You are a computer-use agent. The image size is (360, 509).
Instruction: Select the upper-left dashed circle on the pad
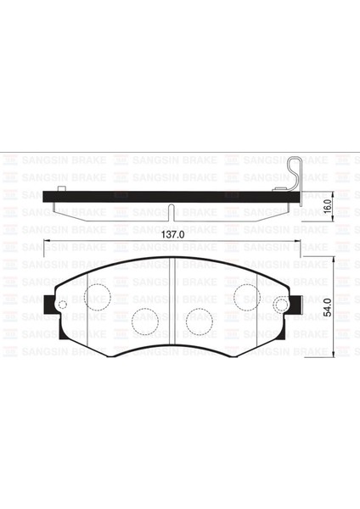(98, 296)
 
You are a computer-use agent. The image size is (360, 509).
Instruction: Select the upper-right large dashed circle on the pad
(246, 296)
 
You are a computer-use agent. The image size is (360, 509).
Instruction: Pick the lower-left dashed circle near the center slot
(144, 322)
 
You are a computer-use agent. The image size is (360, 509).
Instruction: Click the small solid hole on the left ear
(62, 305)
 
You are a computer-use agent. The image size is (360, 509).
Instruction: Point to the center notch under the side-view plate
(172, 212)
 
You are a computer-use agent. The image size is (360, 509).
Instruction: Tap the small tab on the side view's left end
(60, 189)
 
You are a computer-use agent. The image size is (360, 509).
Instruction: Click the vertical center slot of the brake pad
(172, 305)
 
